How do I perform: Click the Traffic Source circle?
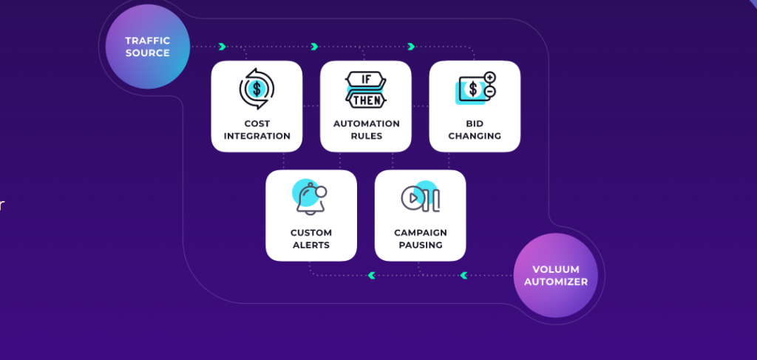[x=147, y=47]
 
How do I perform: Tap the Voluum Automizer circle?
[x=555, y=275]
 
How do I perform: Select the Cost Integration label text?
[x=257, y=130]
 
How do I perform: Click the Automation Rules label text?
[x=366, y=130]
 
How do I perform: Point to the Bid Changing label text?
[x=475, y=130]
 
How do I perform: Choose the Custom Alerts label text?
[x=310, y=239]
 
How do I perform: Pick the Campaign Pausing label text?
[x=420, y=239]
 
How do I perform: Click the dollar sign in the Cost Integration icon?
[x=257, y=89]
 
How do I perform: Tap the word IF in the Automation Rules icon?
[x=365, y=78]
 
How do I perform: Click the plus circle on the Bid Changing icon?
[x=489, y=78]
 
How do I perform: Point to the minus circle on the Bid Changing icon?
[x=489, y=92]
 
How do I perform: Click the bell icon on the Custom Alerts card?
[x=310, y=199]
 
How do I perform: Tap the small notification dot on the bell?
[x=321, y=191]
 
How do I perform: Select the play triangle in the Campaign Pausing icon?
[x=412, y=197]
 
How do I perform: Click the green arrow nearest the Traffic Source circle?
[x=222, y=47]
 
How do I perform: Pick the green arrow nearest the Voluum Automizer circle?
[x=464, y=276]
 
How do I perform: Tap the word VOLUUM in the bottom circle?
[x=555, y=269]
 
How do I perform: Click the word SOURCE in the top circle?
[x=147, y=53]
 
